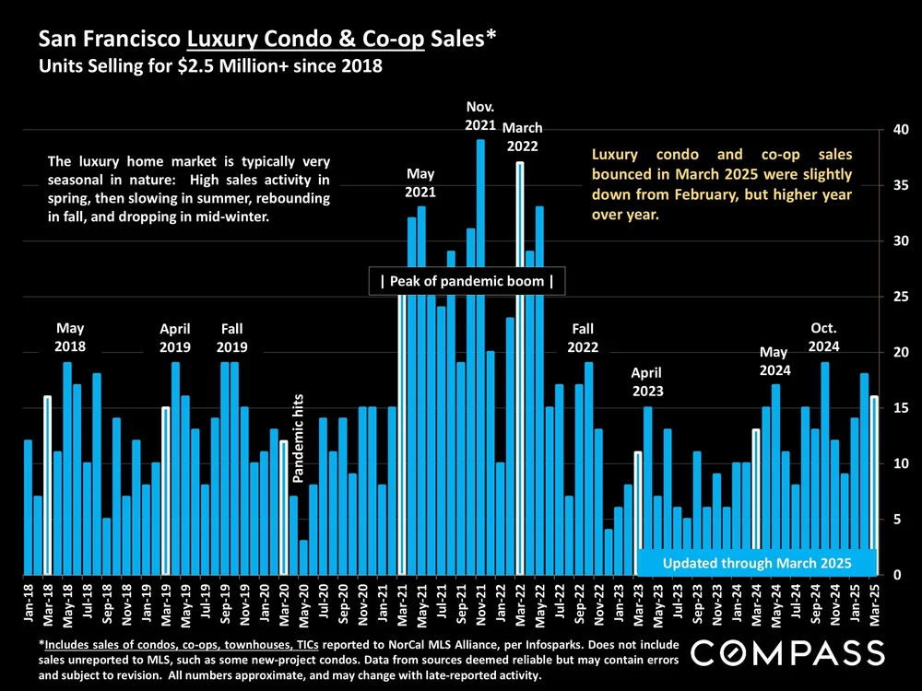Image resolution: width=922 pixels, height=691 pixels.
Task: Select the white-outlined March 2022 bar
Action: click(520, 369)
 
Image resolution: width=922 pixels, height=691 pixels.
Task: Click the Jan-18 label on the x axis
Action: click(28, 599)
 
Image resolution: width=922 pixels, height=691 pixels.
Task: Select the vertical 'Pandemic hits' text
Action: click(299, 438)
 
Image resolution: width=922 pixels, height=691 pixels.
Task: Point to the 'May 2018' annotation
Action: click(70, 337)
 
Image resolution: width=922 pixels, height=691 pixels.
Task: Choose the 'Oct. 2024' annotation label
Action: click(825, 337)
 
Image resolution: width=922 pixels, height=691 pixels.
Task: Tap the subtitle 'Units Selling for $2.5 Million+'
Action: click(184, 67)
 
